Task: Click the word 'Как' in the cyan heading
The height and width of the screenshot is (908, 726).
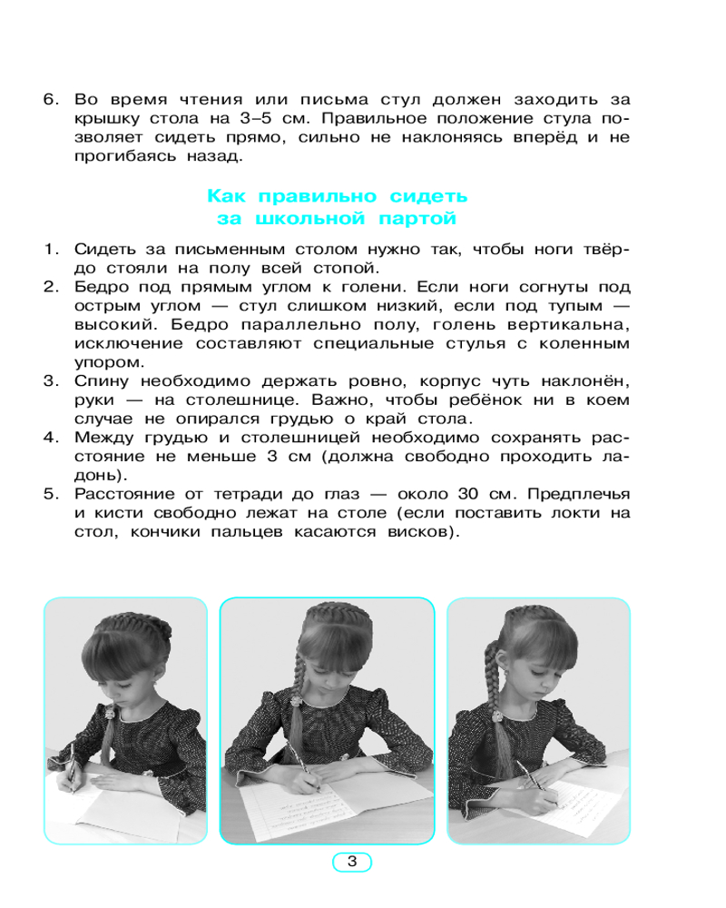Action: pos(227,196)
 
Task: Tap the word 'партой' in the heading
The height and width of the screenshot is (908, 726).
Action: pos(413,220)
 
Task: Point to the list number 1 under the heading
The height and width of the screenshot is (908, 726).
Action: pos(51,249)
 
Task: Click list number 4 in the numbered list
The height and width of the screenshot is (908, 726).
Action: pos(51,438)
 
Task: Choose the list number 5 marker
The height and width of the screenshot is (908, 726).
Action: pos(51,495)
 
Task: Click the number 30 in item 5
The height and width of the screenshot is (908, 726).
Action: pos(440,495)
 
